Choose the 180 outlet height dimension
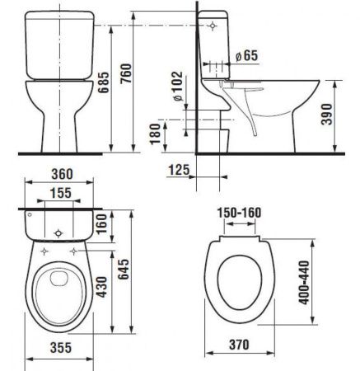pos(153,135)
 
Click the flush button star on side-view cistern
pos(216,26)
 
